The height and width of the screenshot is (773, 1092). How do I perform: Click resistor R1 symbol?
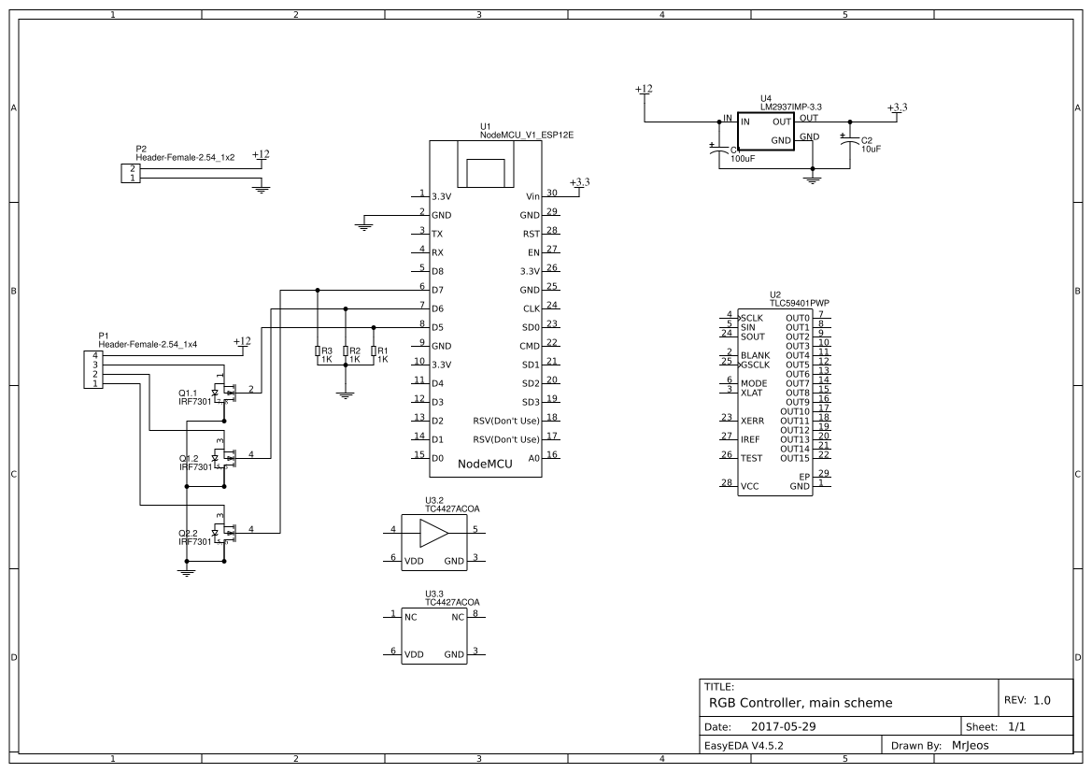[374, 353]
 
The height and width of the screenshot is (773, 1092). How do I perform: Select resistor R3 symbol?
[318, 353]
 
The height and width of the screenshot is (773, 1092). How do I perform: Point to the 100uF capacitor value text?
[743, 159]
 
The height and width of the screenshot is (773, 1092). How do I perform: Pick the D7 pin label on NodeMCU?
[437, 291]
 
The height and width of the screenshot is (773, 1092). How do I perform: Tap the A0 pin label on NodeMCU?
[533, 458]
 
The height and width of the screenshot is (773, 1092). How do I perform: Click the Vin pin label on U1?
[532, 197]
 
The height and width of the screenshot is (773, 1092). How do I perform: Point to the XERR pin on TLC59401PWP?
[751, 422]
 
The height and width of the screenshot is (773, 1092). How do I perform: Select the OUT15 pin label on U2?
[795, 458]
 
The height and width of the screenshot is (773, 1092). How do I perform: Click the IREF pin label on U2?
[750, 439]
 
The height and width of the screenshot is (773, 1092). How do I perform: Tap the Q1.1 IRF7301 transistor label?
[194, 396]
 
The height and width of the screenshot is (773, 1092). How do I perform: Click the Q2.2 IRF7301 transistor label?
[194, 537]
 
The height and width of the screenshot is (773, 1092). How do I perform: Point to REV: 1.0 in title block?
[1028, 699]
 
